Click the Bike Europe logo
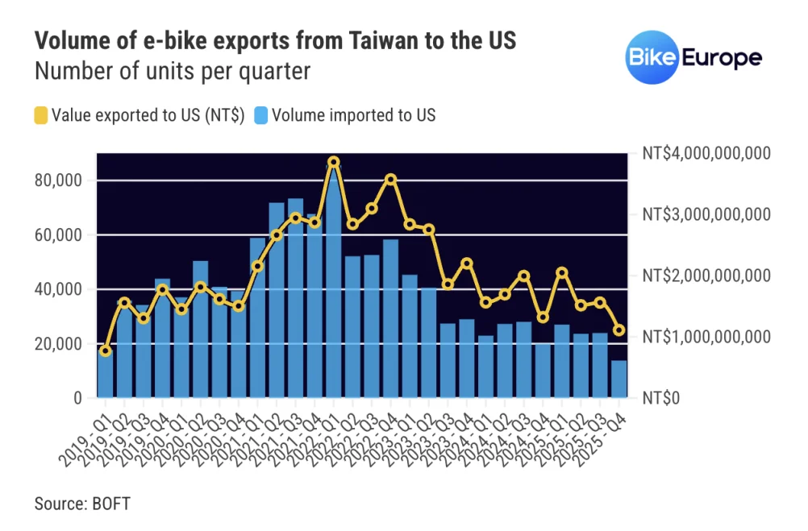[x=693, y=59]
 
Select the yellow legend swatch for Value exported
[x=41, y=115]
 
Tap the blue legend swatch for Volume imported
[x=261, y=115]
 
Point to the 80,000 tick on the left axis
[x=60, y=180]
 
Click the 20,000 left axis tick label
[x=60, y=344]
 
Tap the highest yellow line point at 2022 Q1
[x=334, y=162]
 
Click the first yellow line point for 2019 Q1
[x=106, y=351]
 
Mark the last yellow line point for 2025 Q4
[x=619, y=330]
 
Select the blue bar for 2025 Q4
[x=619, y=379]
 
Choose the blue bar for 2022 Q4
[x=391, y=318]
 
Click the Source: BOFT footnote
[x=82, y=504]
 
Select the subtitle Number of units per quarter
[x=172, y=71]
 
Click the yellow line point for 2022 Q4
[x=391, y=179]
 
